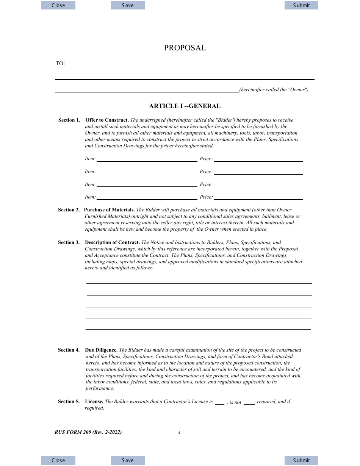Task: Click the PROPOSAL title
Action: point(185,48)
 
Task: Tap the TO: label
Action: point(60,64)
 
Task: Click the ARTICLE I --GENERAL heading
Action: point(185,106)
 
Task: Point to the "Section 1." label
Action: point(69,120)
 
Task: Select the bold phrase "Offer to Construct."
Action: point(107,120)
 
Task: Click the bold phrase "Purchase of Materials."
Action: point(110,210)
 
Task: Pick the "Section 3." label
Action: point(69,242)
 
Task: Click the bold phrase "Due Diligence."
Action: point(102,350)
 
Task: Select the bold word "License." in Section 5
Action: point(94,402)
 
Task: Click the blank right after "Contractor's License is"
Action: point(219,402)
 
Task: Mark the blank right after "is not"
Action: point(249,402)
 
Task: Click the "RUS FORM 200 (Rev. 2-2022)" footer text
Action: point(88,432)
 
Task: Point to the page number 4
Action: point(179,433)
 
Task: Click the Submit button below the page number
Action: point(301,460)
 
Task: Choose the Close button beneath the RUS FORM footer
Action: point(58,460)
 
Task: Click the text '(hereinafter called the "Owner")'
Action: point(274,90)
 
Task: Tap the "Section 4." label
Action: point(69,350)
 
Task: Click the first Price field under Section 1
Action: point(258,158)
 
